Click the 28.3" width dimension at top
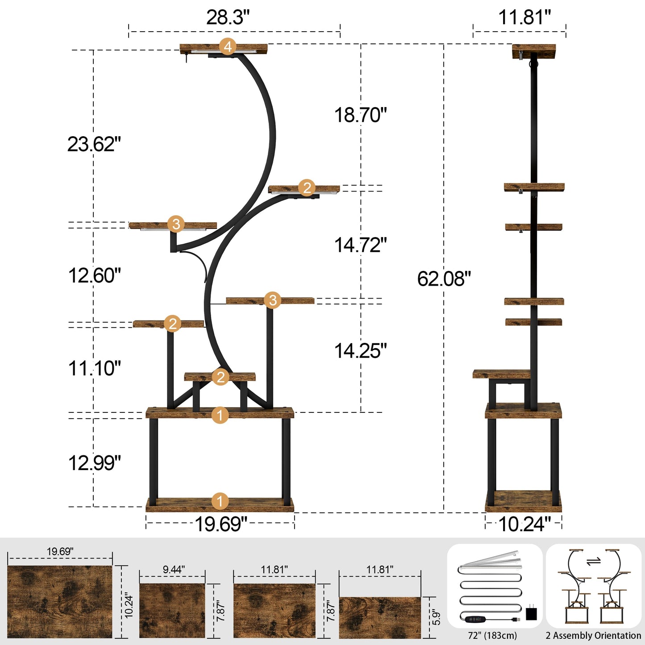(228, 17)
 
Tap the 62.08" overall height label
(444, 279)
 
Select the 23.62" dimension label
(94, 144)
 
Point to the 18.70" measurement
(361, 115)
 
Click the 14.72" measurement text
(361, 245)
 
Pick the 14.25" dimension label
(361, 351)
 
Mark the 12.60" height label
(94, 275)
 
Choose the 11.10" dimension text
(94, 369)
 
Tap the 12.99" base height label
(94, 463)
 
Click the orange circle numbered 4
(228, 46)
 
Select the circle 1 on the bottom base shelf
(220, 501)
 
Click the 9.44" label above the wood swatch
(174, 570)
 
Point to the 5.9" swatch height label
(436, 617)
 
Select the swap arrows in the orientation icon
(593, 561)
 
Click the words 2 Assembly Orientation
(593, 635)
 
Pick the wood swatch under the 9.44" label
(172, 610)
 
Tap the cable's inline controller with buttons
(475, 620)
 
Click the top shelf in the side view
(534, 51)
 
